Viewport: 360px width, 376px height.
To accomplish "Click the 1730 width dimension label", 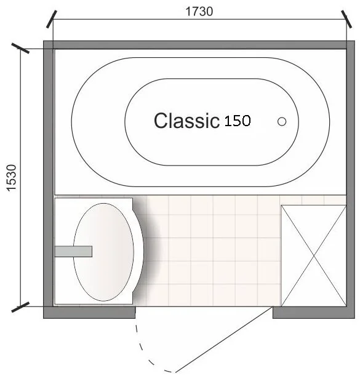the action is [199, 12].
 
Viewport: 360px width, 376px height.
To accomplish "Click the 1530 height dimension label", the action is [12, 178].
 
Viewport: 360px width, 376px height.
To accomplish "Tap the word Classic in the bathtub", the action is [186, 120].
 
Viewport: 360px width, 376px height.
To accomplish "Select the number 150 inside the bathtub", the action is [238, 121].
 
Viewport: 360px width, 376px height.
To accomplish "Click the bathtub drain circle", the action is [282, 122].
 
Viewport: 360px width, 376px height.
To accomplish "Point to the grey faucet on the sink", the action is [73, 251].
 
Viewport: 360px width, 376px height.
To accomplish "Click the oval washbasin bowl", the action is [103, 252].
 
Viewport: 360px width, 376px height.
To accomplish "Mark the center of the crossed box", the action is [314, 256].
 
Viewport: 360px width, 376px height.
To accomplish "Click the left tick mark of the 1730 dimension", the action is [52, 19].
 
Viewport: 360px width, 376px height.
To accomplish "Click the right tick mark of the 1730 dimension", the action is [346, 19].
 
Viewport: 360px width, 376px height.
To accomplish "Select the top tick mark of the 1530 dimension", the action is [20, 48].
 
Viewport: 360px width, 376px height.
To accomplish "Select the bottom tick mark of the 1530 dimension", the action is [20, 307].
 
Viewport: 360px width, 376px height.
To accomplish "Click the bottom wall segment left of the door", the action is [89, 313].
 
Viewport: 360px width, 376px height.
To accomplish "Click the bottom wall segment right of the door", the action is [314, 313].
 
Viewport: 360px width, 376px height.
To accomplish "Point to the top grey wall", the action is [199, 45].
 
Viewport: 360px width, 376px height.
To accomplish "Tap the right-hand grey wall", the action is [351, 179].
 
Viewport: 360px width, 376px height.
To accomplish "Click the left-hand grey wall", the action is [48, 179].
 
